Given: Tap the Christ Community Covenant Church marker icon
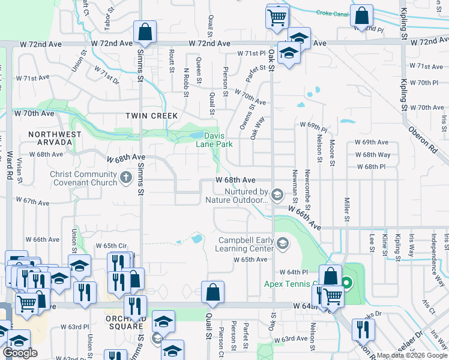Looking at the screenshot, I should click(126, 177).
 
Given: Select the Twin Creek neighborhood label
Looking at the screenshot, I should click(151, 115).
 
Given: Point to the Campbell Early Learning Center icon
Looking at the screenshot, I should click(283, 243).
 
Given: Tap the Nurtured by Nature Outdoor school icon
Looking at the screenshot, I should click(277, 194).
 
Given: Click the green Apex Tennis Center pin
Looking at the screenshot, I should click(346, 281).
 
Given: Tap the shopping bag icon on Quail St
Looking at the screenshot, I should click(212, 293).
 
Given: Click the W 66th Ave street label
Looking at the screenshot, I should click(304, 218).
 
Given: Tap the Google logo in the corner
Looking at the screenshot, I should click(20, 353).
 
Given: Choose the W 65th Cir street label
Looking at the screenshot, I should click(110, 246).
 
